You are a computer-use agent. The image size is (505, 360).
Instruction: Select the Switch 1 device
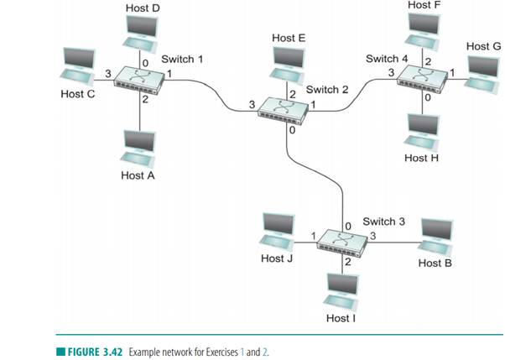pyautogui.click(x=139, y=77)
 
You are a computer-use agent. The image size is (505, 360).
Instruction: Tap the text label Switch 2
pyautogui.click(x=327, y=90)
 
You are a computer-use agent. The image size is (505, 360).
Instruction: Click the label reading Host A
pyautogui.click(x=138, y=175)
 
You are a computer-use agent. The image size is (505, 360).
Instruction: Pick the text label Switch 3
pyautogui.click(x=383, y=222)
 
